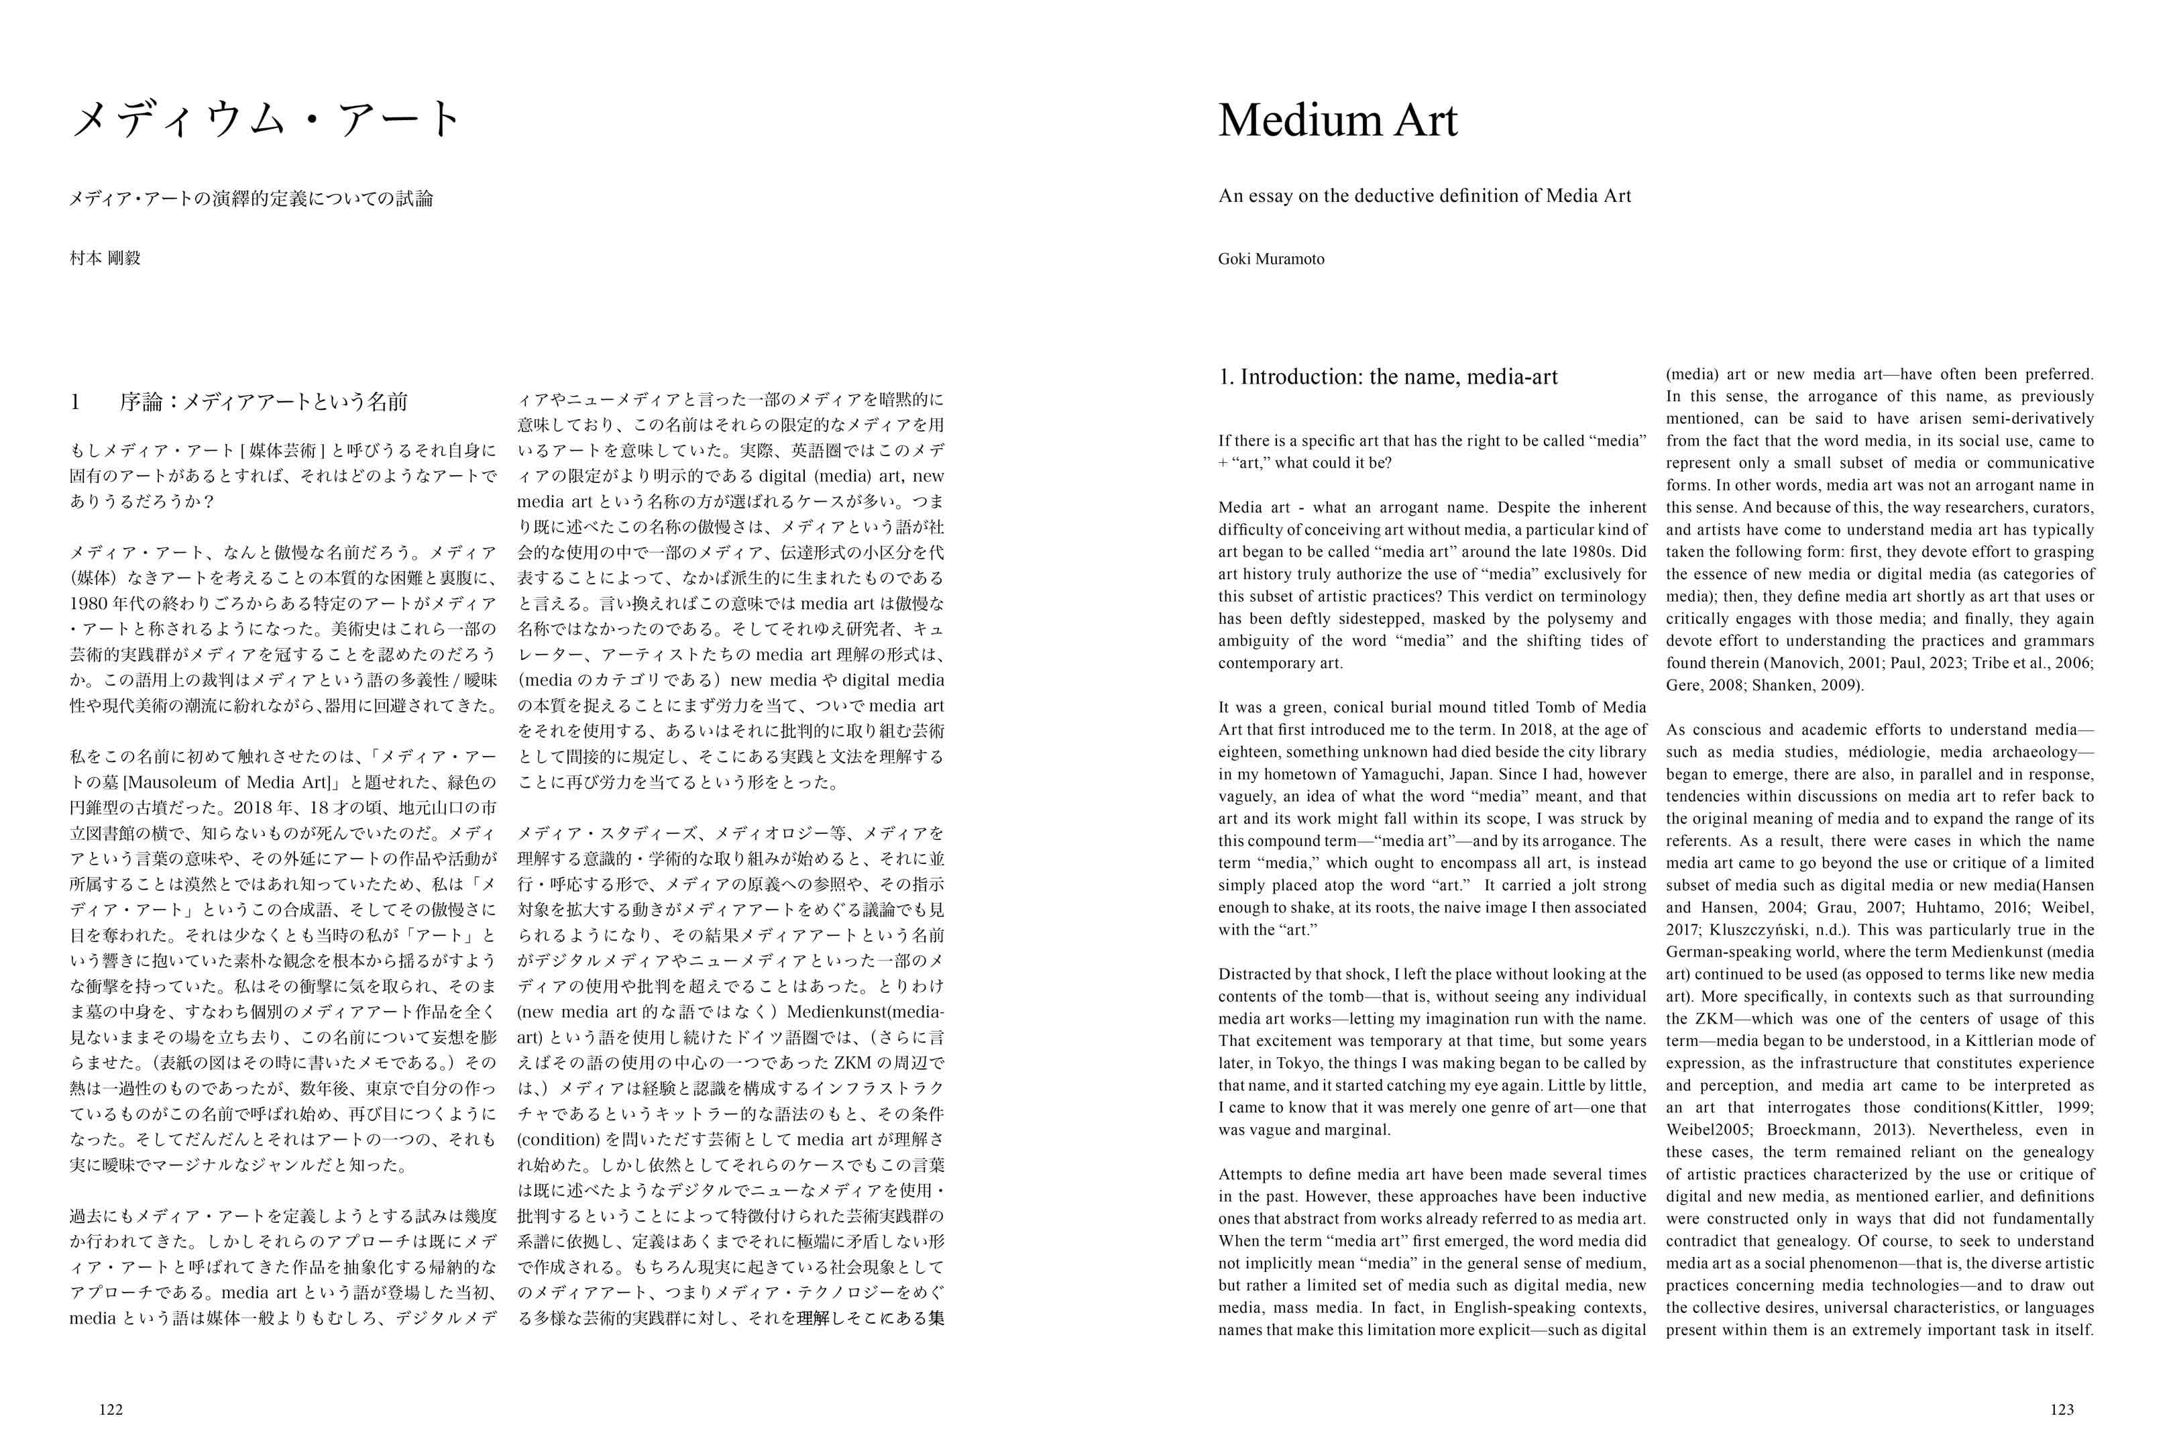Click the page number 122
click(x=111, y=1409)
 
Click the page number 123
click(x=2061, y=1409)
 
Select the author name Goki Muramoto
click(x=1270, y=259)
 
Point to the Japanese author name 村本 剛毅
click(x=105, y=259)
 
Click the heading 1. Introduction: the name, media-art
click(x=1388, y=377)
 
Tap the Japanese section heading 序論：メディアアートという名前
click(x=264, y=402)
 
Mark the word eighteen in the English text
click(x=1248, y=752)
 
